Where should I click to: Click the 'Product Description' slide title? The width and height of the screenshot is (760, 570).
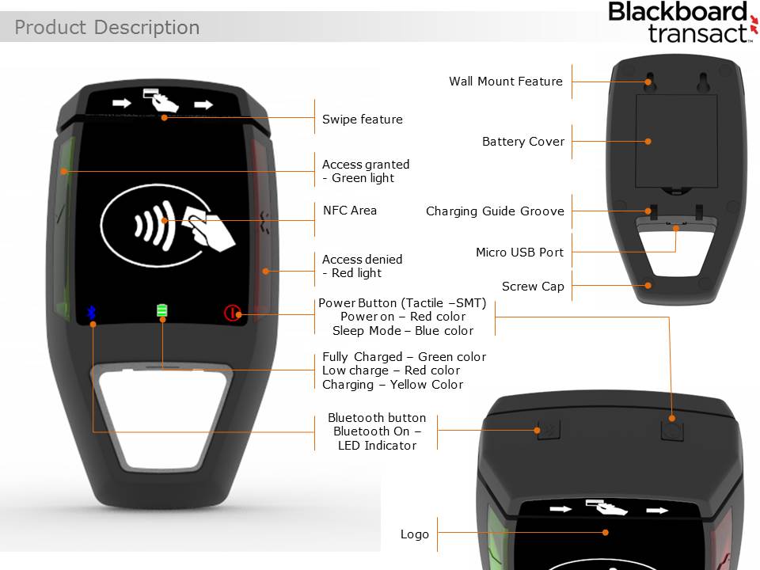tap(107, 28)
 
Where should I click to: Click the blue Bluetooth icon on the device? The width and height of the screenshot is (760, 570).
tap(90, 312)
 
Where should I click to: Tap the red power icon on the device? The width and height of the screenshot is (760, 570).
tap(231, 313)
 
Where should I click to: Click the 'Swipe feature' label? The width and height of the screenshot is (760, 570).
tap(362, 120)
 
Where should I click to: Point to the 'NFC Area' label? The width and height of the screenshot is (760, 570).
tap(350, 211)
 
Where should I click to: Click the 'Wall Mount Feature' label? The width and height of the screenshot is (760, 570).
tap(505, 82)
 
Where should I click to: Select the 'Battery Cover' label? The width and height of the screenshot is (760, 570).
tap(523, 142)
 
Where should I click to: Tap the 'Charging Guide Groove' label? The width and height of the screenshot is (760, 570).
tap(495, 211)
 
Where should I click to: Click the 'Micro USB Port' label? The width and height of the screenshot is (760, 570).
tap(519, 253)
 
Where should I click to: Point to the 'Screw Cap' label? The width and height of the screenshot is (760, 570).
tap(533, 287)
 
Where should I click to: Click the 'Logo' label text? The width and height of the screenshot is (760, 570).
tap(415, 534)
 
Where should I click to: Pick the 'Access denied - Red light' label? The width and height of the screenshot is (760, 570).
tap(362, 266)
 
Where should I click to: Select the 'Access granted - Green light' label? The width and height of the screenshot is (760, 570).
tap(366, 171)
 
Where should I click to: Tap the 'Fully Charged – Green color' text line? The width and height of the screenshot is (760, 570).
tap(404, 357)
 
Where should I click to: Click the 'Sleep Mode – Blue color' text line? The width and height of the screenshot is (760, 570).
tap(403, 331)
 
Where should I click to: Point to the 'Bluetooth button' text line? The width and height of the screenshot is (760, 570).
tap(377, 418)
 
